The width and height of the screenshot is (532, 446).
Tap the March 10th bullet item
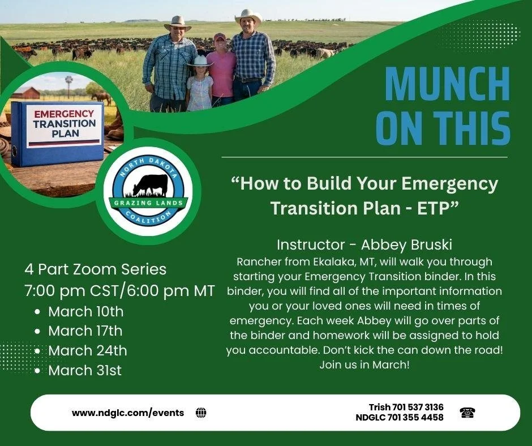pyautogui.click(x=85, y=311)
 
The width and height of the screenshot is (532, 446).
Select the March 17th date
pyautogui.click(x=85, y=331)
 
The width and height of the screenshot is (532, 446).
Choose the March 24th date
pyautogui.click(x=87, y=350)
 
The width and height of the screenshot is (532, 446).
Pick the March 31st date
pyautogui.click(x=85, y=370)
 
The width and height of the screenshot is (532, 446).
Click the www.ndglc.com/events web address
pyautogui.click(x=128, y=413)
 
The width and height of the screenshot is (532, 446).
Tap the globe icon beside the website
pyautogui.click(x=201, y=413)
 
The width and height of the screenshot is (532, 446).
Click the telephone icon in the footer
pyautogui.click(x=467, y=413)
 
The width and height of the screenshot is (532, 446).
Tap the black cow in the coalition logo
pyautogui.click(x=151, y=185)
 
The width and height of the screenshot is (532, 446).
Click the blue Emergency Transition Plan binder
pyautogui.click(x=57, y=134)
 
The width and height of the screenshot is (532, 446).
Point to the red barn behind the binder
pyautogui.click(x=27, y=92)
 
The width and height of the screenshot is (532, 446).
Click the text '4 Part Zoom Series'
pyautogui.click(x=95, y=269)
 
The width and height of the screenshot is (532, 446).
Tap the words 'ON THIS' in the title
pyautogui.click(x=443, y=128)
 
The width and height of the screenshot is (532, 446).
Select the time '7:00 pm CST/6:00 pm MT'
pyautogui.click(x=119, y=291)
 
